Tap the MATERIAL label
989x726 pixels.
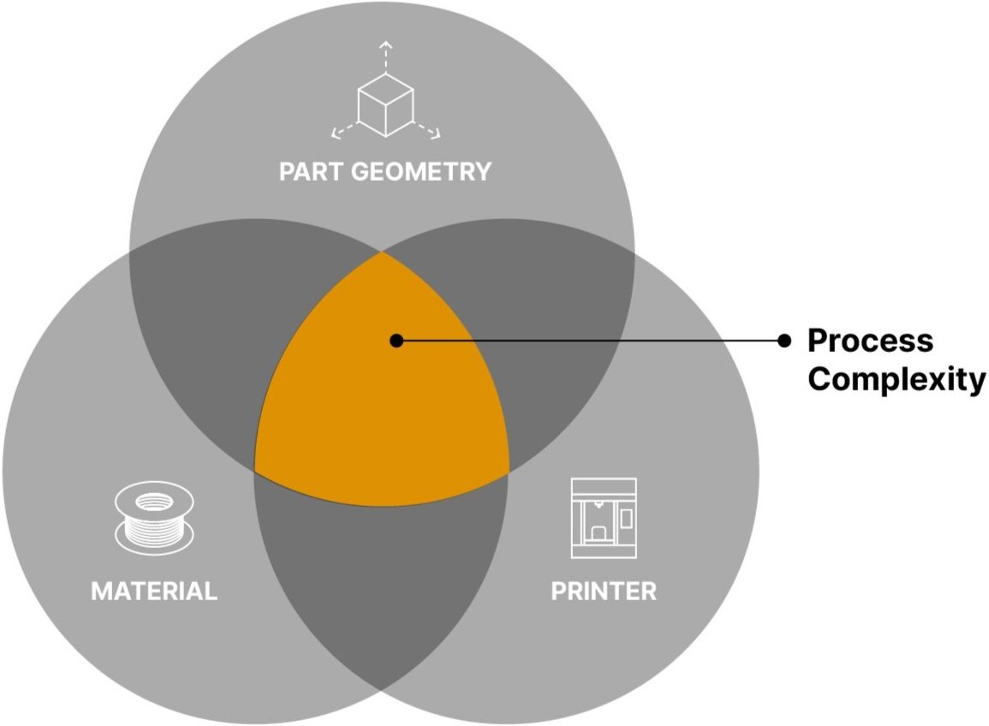[154, 591]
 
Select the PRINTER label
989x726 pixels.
[604, 591]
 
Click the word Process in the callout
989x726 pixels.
[870, 341]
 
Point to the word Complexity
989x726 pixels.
[896, 378]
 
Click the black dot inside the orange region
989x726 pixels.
[396, 341]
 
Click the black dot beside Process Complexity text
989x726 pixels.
[783, 341]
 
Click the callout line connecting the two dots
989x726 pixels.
[591, 341]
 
